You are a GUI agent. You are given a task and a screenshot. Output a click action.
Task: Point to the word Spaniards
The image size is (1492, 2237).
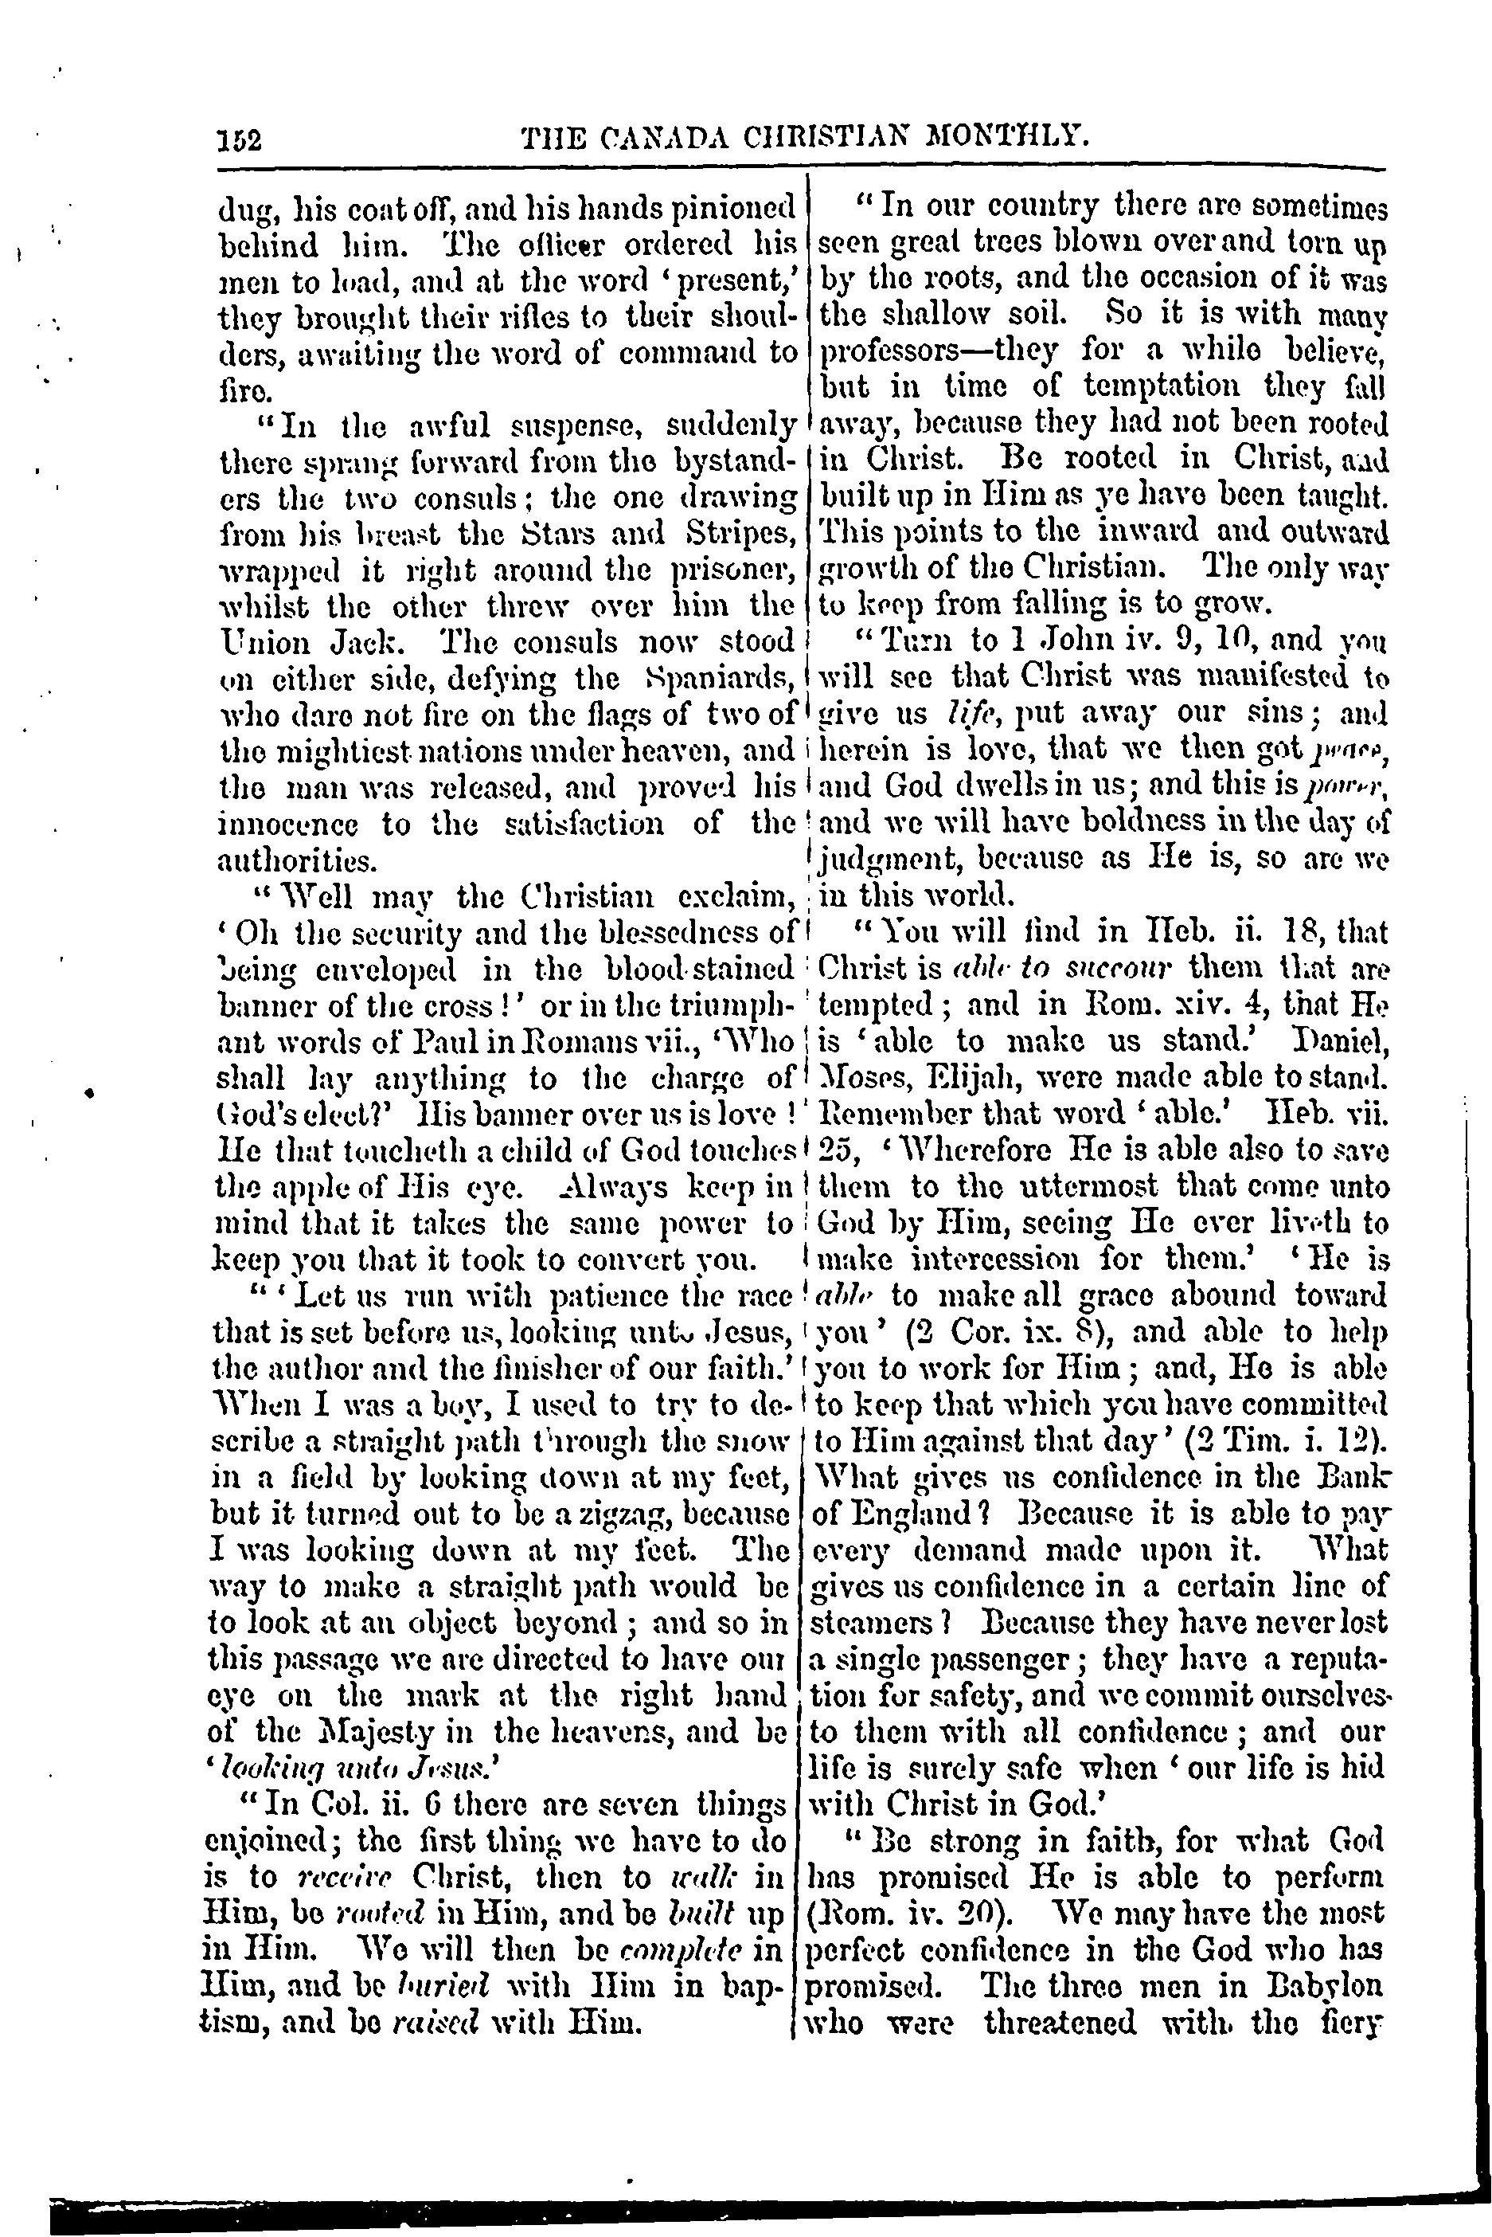728,678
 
